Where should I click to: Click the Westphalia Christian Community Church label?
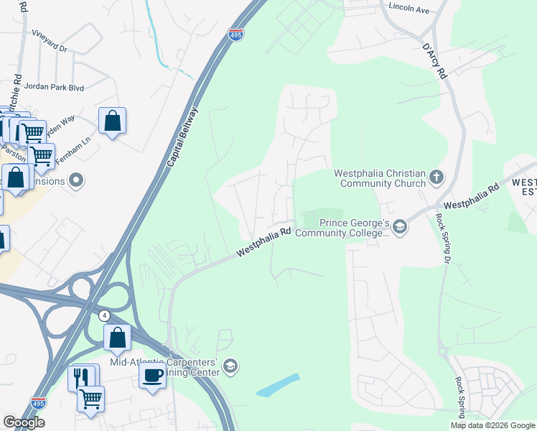[x=379, y=177]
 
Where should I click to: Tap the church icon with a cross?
[x=436, y=177]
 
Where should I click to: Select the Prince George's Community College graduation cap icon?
[x=400, y=228]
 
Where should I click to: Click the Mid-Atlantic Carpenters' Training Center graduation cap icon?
[x=230, y=366]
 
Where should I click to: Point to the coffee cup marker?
[x=152, y=375]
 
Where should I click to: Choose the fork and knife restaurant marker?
[x=81, y=376]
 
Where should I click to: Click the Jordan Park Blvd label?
[x=54, y=87]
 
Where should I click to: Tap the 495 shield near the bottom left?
[x=39, y=404]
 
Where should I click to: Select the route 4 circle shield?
[x=104, y=315]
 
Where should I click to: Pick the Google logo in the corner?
[x=24, y=422]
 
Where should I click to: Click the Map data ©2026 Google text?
[x=492, y=425]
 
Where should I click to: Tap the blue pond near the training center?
[x=279, y=386]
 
